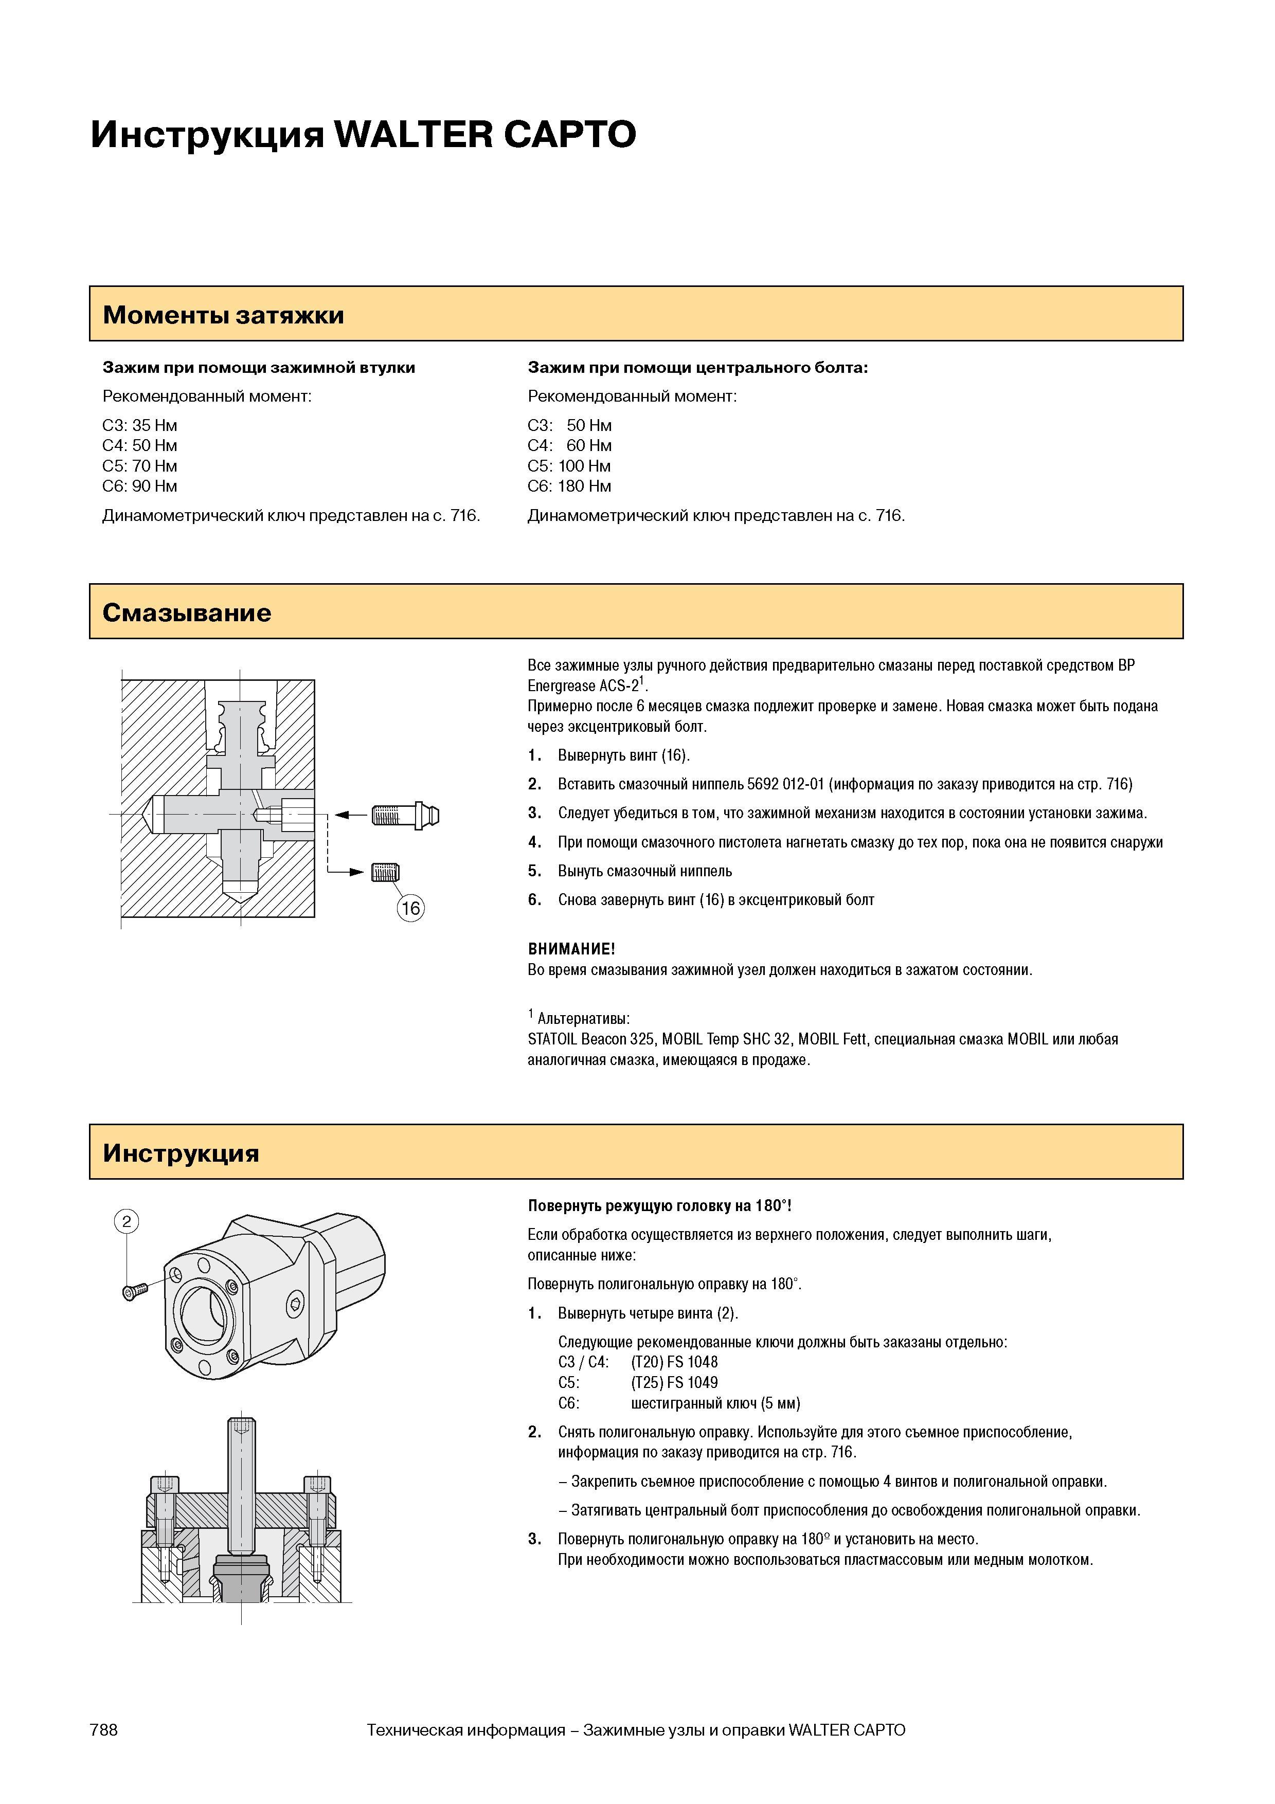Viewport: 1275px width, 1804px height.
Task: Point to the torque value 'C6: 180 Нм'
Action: pyautogui.click(x=569, y=486)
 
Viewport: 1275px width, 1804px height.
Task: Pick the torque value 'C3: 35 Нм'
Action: pyautogui.click(x=140, y=425)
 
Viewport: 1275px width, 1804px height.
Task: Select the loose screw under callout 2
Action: pyautogui.click(x=135, y=1290)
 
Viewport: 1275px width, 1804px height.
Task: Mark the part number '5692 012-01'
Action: pyautogui.click(x=785, y=784)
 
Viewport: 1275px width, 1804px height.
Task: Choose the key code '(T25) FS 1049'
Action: pyautogui.click(x=675, y=1382)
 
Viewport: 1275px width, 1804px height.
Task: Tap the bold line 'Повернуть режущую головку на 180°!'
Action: pyautogui.click(x=660, y=1205)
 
